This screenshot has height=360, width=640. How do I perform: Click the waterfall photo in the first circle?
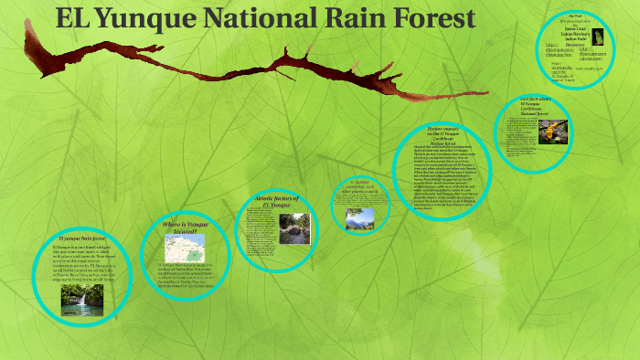pos(82,299)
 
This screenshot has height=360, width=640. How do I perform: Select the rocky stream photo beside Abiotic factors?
pos(295,228)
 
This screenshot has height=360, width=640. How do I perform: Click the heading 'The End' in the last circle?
pos(575,16)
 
